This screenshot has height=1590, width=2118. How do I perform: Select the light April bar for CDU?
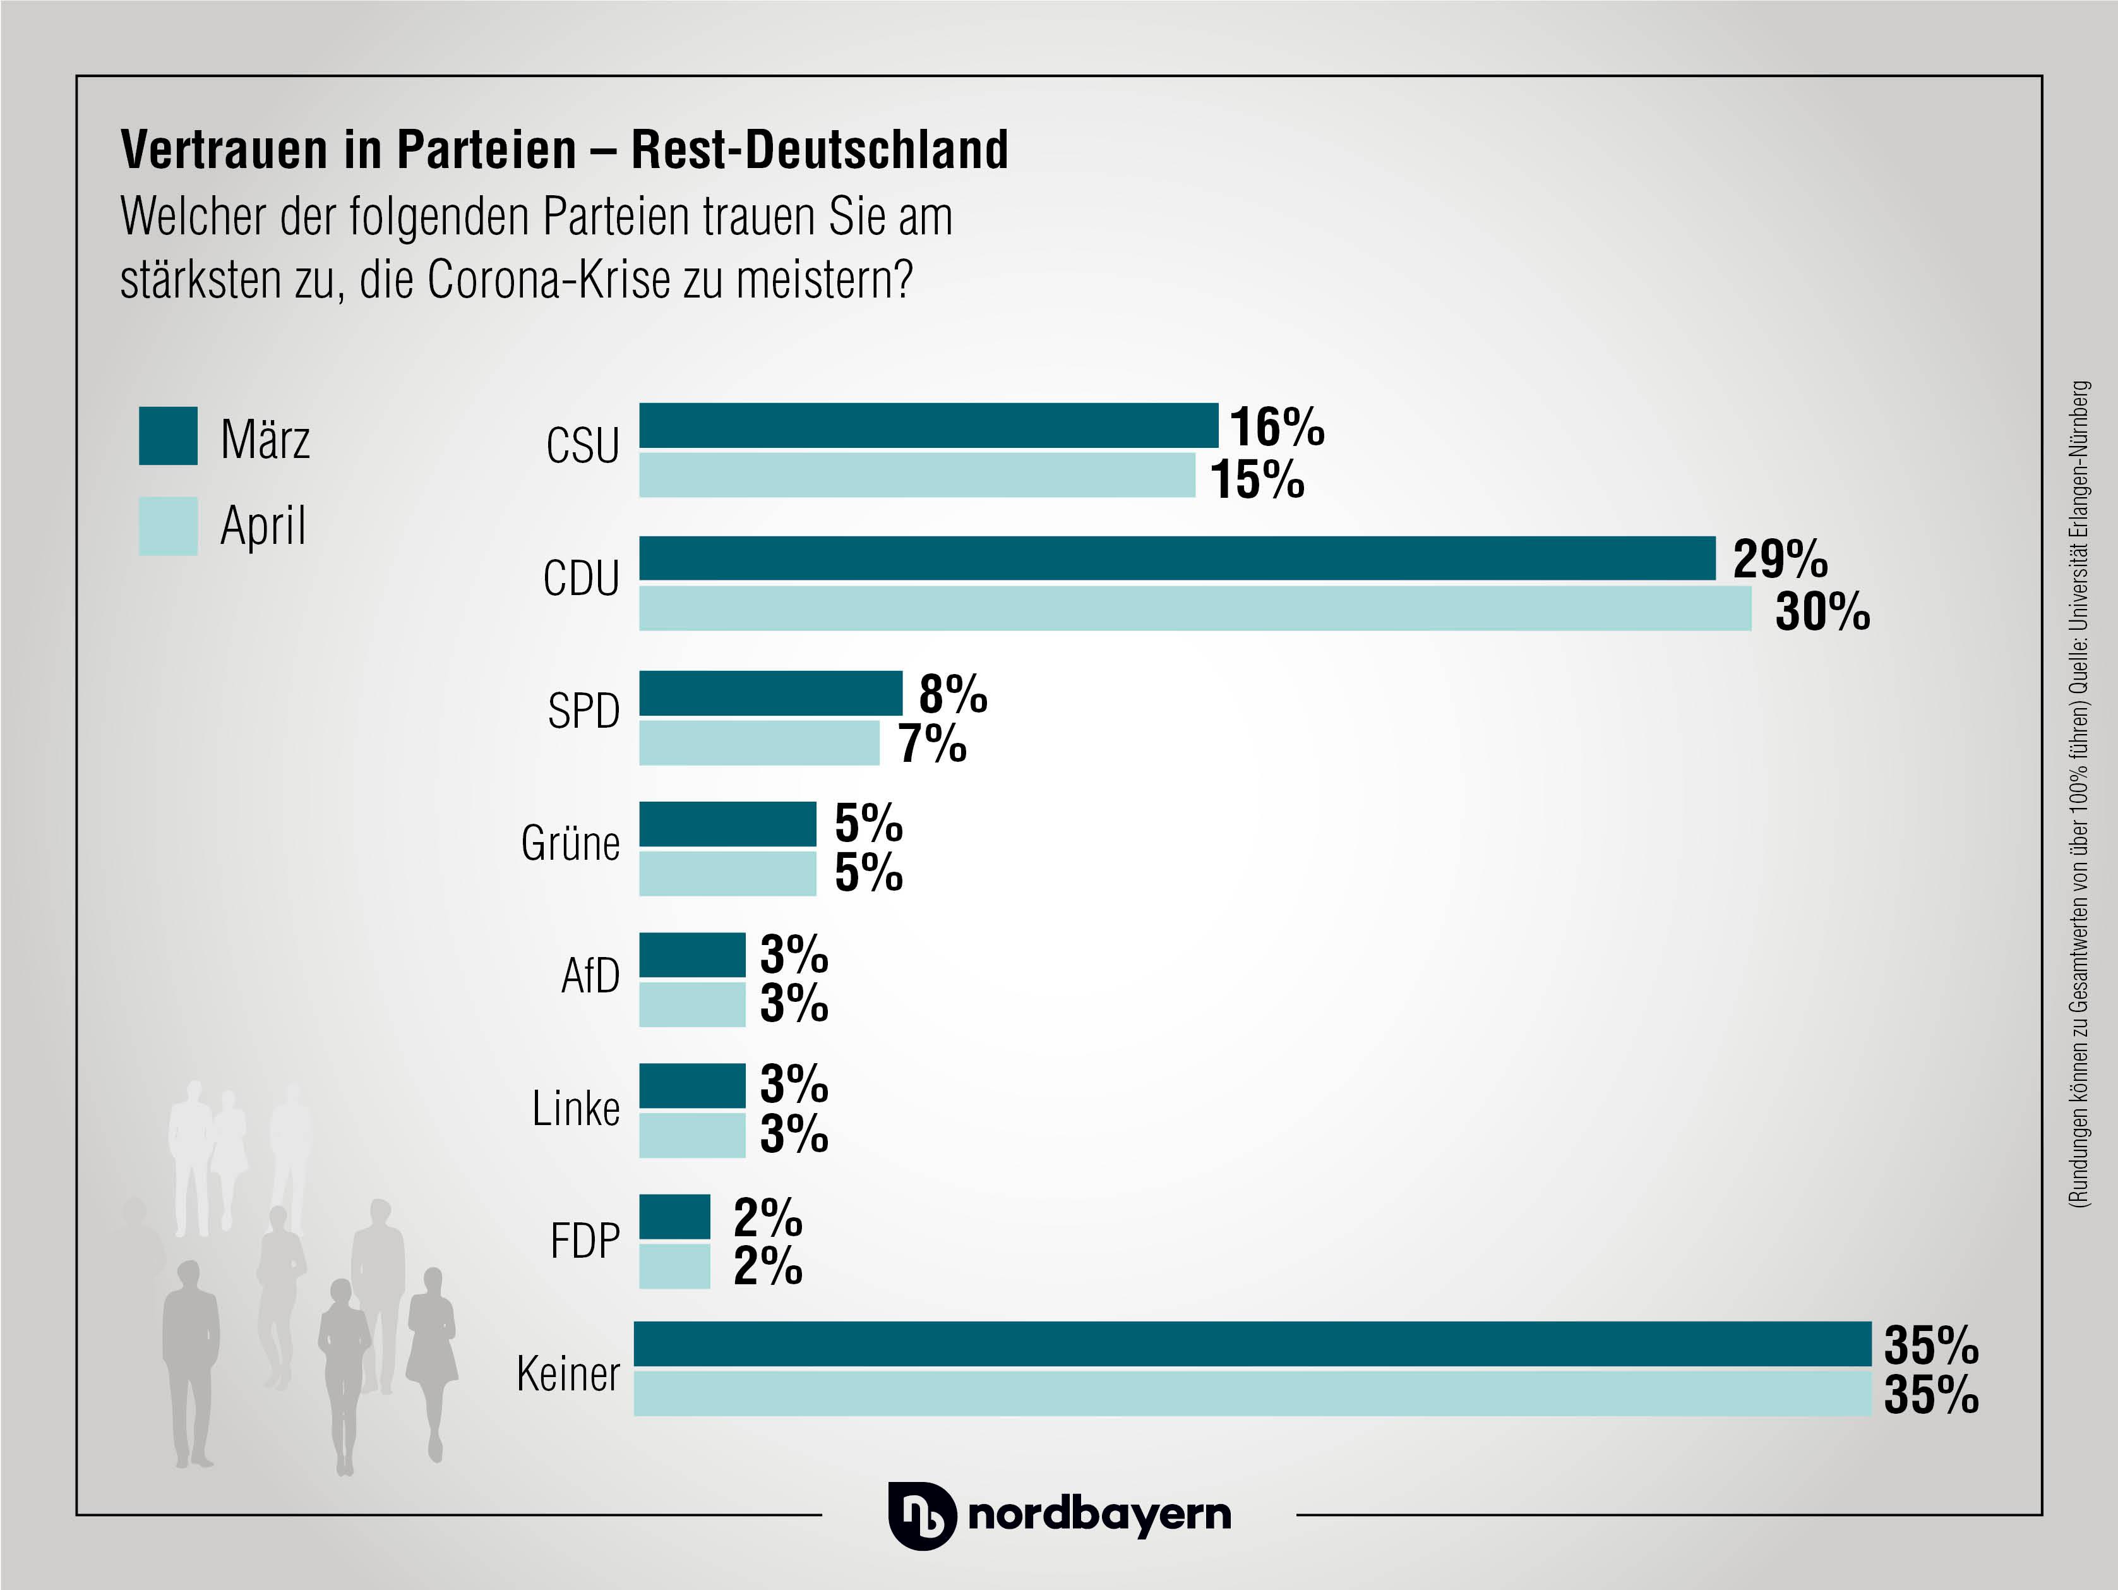click(x=1195, y=608)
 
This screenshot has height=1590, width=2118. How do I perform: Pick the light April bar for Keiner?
click(x=1252, y=1394)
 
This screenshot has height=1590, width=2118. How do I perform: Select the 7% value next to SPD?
click(x=931, y=744)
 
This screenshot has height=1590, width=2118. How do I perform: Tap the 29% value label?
click(x=1780, y=558)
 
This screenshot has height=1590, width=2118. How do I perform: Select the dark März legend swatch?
click(x=169, y=436)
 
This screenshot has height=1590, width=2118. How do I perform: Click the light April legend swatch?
click(x=169, y=526)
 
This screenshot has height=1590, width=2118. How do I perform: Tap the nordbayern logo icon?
click(x=921, y=1515)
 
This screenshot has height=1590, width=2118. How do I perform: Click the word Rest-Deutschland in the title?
click(x=820, y=150)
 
